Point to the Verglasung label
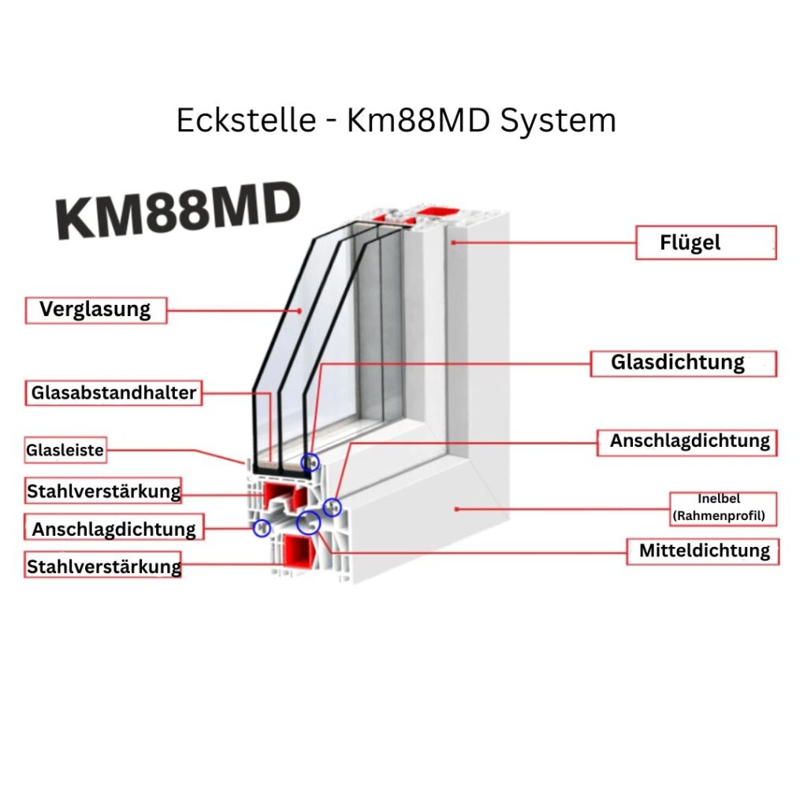coord(95,309)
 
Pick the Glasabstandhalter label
coord(114,392)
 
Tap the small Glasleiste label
coord(65,451)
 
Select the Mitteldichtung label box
coord(704,551)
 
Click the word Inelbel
coord(719,499)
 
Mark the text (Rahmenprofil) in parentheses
coord(719,516)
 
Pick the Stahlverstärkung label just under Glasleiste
coord(103,492)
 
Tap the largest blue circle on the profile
coord(309,522)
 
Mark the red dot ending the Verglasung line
coord(299,311)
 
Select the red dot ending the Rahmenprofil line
coord(457,509)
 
